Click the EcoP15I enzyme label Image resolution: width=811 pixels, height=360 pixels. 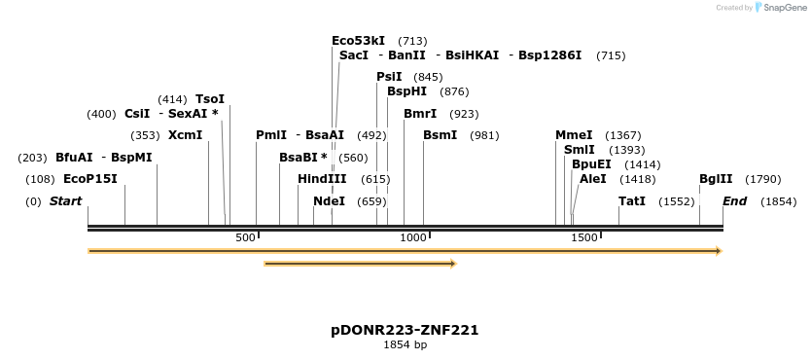click(89, 179)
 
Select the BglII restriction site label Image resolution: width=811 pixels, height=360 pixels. click(716, 179)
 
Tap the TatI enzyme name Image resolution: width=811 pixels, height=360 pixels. click(632, 201)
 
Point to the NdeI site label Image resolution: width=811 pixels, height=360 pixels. click(329, 201)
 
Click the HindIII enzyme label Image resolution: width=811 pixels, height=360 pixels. click(322, 179)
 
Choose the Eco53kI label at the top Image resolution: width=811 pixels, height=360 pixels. click(359, 41)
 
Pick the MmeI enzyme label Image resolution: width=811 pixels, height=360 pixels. click(574, 135)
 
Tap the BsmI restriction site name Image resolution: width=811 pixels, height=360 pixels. click(440, 135)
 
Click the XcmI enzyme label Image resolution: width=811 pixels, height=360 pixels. click(186, 135)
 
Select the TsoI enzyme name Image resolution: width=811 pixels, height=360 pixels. click(210, 99)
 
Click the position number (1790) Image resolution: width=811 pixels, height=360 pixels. click(762, 179)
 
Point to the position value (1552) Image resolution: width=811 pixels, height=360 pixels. click(676, 201)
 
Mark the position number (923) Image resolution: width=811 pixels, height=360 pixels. click(464, 114)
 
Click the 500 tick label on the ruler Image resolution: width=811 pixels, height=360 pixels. click(245, 238)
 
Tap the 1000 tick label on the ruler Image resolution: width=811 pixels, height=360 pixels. click(413, 238)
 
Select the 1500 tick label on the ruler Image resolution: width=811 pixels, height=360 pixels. click(584, 238)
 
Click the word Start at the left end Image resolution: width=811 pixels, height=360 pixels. click(66, 201)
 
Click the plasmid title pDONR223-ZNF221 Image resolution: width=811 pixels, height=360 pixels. click(405, 331)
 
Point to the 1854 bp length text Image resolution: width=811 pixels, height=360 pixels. click(405, 345)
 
